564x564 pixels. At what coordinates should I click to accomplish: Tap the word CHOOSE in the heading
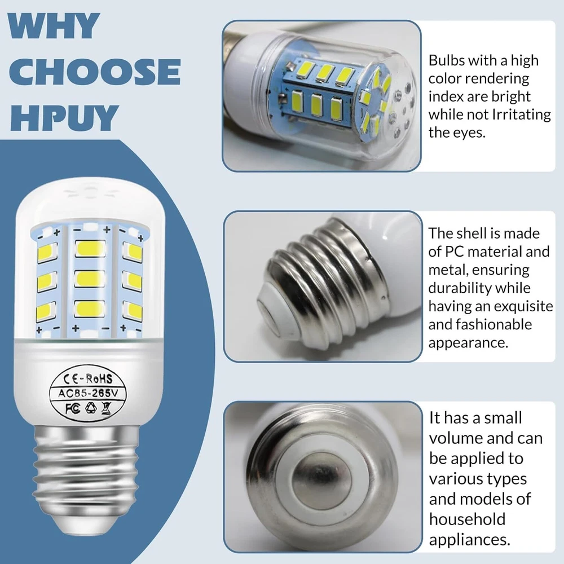95,72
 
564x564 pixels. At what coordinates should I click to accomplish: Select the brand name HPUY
64,118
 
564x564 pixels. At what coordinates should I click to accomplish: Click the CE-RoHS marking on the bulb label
87,379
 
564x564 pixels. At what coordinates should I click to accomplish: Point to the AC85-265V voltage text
88,393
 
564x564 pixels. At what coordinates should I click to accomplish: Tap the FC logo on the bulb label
72,408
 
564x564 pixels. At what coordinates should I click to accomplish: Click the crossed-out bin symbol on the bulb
107,408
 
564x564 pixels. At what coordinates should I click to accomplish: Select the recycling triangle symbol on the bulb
91,408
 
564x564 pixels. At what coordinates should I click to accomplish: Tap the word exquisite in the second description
523,306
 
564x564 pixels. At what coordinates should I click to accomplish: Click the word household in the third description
467,519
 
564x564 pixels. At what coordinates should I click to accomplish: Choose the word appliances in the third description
469,540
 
